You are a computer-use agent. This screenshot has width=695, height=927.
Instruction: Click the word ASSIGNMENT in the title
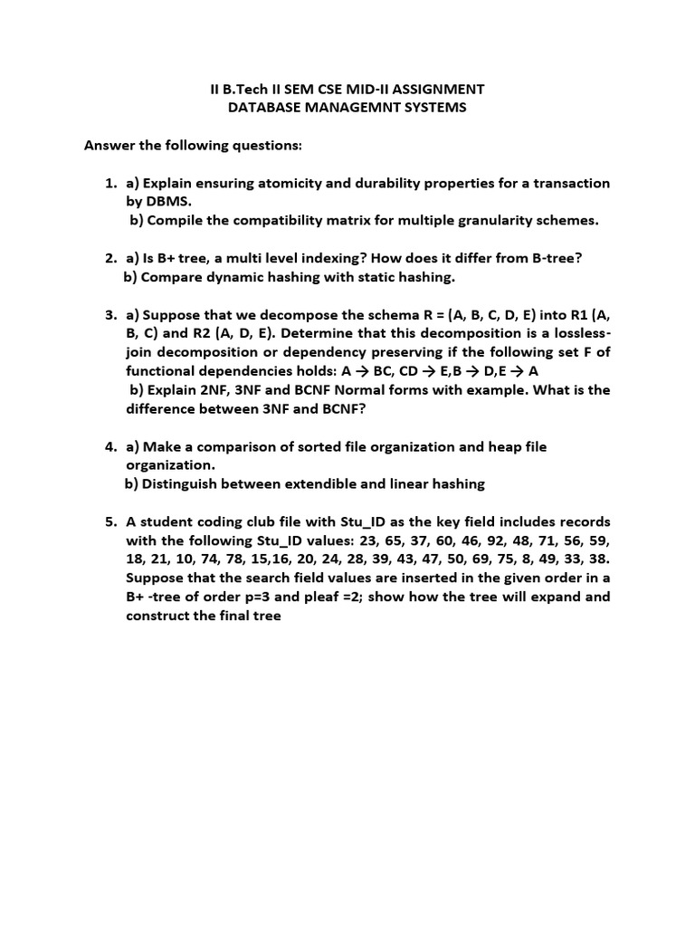pyautogui.click(x=442, y=89)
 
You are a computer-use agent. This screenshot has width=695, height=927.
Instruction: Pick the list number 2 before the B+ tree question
pyautogui.click(x=109, y=258)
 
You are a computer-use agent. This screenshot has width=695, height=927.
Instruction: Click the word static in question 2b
pyautogui.click(x=373, y=276)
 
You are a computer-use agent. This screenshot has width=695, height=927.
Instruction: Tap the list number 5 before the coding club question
pyautogui.click(x=109, y=521)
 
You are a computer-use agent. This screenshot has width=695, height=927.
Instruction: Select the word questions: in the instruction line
pyautogui.click(x=266, y=145)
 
